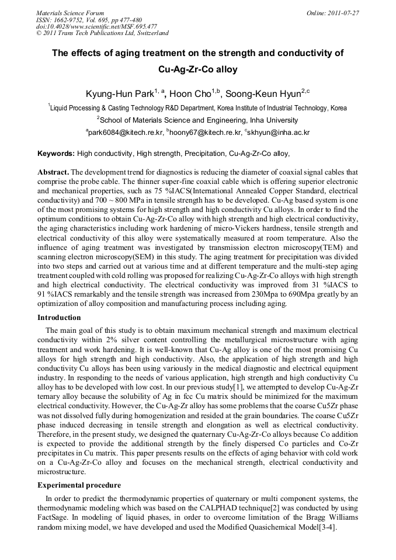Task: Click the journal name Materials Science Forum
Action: pyautogui.click(x=70, y=13)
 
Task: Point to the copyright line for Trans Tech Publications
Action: pyautogui.click(x=102, y=33)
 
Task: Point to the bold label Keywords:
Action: pyautogui.click(x=56, y=154)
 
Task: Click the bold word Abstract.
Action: pyautogui.click(x=53, y=172)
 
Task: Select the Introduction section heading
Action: pyautogui.click(x=59, y=318)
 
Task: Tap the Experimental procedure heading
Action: pyautogui.click(x=79, y=485)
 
